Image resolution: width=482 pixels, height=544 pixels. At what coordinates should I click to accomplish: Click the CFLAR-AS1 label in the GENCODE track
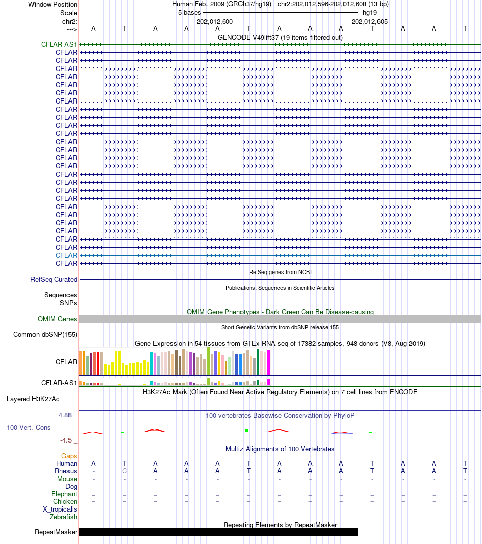pyautogui.click(x=59, y=45)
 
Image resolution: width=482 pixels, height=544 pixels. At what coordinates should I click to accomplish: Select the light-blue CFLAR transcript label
pyautogui.click(x=66, y=256)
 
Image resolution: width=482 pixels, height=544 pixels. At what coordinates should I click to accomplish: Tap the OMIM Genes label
pyautogui.click(x=57, y=319)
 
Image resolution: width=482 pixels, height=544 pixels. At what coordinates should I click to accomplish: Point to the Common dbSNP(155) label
pyautogui.click(x=45, y=335)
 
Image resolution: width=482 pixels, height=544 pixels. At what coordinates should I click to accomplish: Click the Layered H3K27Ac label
pyautogui.click(x=33, y=399)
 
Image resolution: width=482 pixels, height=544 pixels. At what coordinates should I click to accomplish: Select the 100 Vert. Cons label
pyautogui.click(x=28, y=428)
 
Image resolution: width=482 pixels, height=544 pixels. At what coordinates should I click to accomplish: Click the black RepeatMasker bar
pyautogui.click(x=218, y=532)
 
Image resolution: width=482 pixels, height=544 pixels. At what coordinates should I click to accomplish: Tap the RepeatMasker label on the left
pyautogui.click(x=56, y=532)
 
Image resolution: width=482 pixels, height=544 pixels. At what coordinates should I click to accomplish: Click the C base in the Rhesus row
pyautogui.click(x=125, y=471)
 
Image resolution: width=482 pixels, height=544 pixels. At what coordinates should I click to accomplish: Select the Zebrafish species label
pyautogui.click(x=63, y=517)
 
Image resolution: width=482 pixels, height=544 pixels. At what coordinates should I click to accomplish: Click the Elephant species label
pyautogui.click(x=64, y=494)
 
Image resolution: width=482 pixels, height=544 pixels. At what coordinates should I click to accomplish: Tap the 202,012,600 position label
pyautogui.click(x=215, y=22)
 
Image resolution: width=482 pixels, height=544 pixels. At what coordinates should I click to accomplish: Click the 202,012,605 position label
pyautogui.click(x=369, y=22)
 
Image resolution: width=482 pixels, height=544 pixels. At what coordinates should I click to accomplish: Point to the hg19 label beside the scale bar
pyautogui.click(x=369, y=13)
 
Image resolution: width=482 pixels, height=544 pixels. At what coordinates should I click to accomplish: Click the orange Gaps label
pyautogui.click(x=69, y=456)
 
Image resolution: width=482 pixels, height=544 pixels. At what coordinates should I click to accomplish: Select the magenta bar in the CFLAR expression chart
pyautogui.click(x=268, y=362)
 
